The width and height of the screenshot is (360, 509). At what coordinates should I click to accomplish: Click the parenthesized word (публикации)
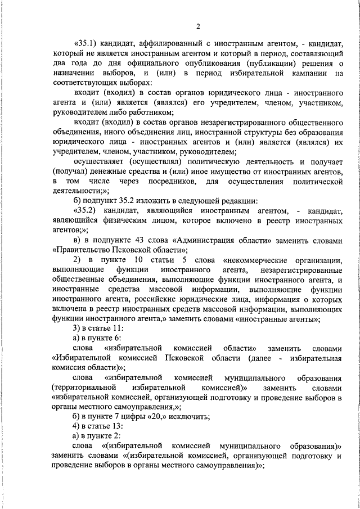[265, 64]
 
